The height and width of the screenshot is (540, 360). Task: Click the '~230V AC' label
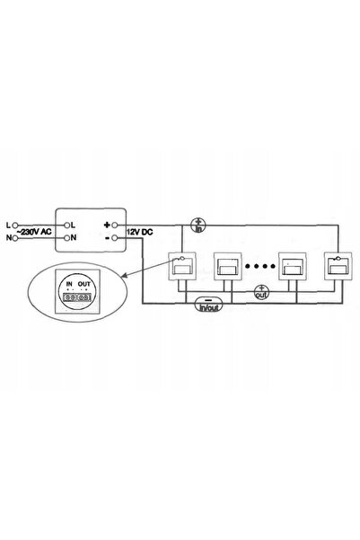pos(34,232)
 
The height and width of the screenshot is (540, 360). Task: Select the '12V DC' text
pos(139,232)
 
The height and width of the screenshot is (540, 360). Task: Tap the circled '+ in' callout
pos(198,225)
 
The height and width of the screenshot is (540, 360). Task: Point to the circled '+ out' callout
pos(261,292)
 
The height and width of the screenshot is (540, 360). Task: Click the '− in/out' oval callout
pos(209,305)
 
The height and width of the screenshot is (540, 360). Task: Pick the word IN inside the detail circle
pos(69,284)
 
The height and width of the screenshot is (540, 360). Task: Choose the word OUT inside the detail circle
pos(84,284)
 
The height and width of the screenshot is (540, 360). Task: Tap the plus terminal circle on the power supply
pos(115,226)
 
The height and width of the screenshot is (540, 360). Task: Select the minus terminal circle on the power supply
pos(115,237)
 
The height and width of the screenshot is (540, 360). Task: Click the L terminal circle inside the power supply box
pos(67,226)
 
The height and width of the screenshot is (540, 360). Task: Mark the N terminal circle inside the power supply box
pos(67,237)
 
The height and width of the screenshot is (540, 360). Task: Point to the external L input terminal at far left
pos(14,226)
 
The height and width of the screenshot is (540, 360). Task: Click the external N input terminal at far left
pos(14,237)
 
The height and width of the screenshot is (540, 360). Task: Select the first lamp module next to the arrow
pos(181,267)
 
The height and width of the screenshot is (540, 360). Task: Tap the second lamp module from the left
pos(227,267)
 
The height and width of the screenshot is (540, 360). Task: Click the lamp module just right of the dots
pos(292,267)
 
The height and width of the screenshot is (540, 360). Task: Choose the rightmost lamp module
pos(338,267)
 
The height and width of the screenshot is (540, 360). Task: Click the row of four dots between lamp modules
pos(260,266)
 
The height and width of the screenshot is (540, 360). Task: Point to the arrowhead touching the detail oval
pos(125,276)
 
